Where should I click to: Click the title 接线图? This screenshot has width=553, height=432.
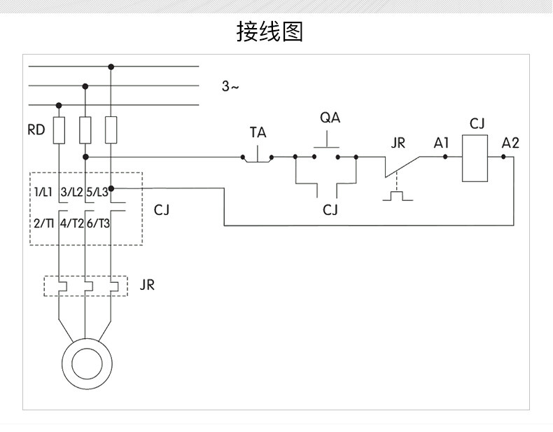click(269, 32)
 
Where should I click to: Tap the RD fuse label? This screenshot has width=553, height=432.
click(36, 130)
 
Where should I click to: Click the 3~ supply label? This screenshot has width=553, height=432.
click(230, 86)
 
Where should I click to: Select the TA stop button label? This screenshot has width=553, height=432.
click(258, 132)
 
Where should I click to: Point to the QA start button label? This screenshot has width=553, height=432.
click(330, 118)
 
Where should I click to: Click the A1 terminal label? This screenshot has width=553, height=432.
click(441, 143)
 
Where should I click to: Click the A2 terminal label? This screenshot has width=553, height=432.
click(510, 143)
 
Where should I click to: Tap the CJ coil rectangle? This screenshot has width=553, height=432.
click(475, 158)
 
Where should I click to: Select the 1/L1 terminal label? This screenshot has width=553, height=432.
click(43, 193)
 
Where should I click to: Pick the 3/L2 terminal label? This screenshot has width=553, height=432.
click(71, 193)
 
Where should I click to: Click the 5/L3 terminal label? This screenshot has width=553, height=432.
click(97, 193)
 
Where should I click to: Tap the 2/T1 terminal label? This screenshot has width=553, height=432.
click(43, 223)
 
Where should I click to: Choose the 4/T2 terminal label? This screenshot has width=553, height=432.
click(72, 223)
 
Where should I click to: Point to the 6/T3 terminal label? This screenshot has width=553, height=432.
click(99, 223)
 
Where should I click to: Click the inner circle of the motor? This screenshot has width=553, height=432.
click(87, 364)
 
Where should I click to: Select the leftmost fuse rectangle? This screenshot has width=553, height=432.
click(59, 130)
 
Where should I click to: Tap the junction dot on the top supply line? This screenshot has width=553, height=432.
click(111, 67)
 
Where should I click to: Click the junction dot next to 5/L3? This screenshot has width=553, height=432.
click(111, 188)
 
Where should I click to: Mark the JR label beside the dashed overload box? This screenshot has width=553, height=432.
click(147, 285)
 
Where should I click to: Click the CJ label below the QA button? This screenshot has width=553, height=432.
click(330, 210)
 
